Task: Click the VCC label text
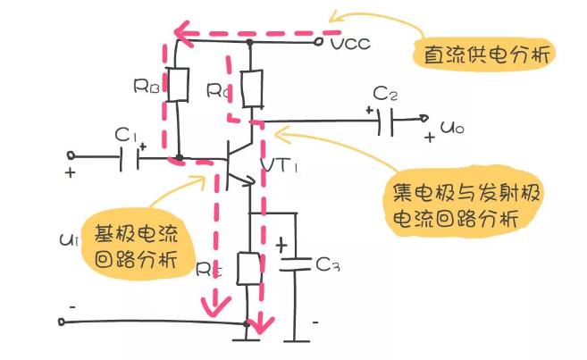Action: [350, 44]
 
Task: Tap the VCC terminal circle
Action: [319, 42]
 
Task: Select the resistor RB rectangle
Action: [178, 85]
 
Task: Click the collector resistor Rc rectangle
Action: [252, 89]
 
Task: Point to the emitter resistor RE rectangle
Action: [249, 268]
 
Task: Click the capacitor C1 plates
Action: [130, 158]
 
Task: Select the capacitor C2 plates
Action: [386, 121]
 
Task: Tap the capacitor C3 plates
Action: [296, 264]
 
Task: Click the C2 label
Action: [385, 94]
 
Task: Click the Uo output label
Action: [452, 128]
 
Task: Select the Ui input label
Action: [69, 239]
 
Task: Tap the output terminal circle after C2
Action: [423, 118]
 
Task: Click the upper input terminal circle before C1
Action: [71, 155]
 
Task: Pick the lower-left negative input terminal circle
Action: [62, 322]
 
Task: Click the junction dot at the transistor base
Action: [180, 157]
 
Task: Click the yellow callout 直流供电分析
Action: [485, 54]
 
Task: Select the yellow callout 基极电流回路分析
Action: [137, 245]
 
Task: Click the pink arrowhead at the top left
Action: [183, 33]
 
